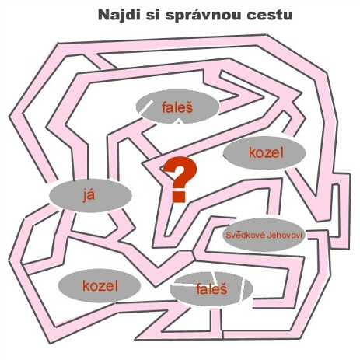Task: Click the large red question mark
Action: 180,180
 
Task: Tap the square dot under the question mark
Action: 179,197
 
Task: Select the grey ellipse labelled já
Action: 90,196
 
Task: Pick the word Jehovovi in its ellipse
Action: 285,236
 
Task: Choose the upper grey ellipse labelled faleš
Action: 178,107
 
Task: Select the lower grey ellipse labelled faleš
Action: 211,288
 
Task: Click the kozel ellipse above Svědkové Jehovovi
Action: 264,152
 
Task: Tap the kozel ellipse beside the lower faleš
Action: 99,285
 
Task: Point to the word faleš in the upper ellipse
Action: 177,107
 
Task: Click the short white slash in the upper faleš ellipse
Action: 147,107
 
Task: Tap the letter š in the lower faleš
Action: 223,288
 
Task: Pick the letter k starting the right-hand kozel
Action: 252,152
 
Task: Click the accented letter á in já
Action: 92,195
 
